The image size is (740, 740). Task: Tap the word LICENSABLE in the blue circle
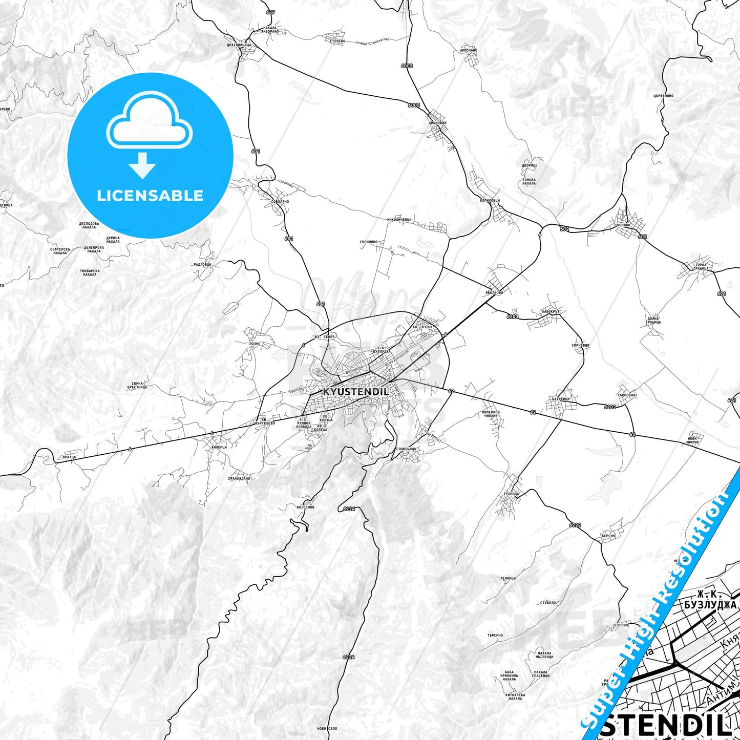tap(150, 196)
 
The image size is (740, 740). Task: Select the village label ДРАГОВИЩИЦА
tap(239, 45)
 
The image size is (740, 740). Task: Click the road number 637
tap(270, 12)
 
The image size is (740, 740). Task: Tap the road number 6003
tap(407, 66)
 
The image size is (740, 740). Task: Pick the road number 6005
tap(414, 105)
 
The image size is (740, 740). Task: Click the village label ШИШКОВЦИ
tap(437, 123)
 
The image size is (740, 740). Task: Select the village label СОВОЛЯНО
tap(280, 201)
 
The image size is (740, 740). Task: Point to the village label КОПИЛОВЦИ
tap(490, 200)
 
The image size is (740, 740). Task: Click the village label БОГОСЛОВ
tap(305, 507)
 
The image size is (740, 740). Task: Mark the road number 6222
tap(575, 525)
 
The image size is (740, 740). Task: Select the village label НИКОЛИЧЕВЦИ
tap(399, 220)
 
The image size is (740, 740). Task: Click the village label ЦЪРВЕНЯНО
tap(663, 96)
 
